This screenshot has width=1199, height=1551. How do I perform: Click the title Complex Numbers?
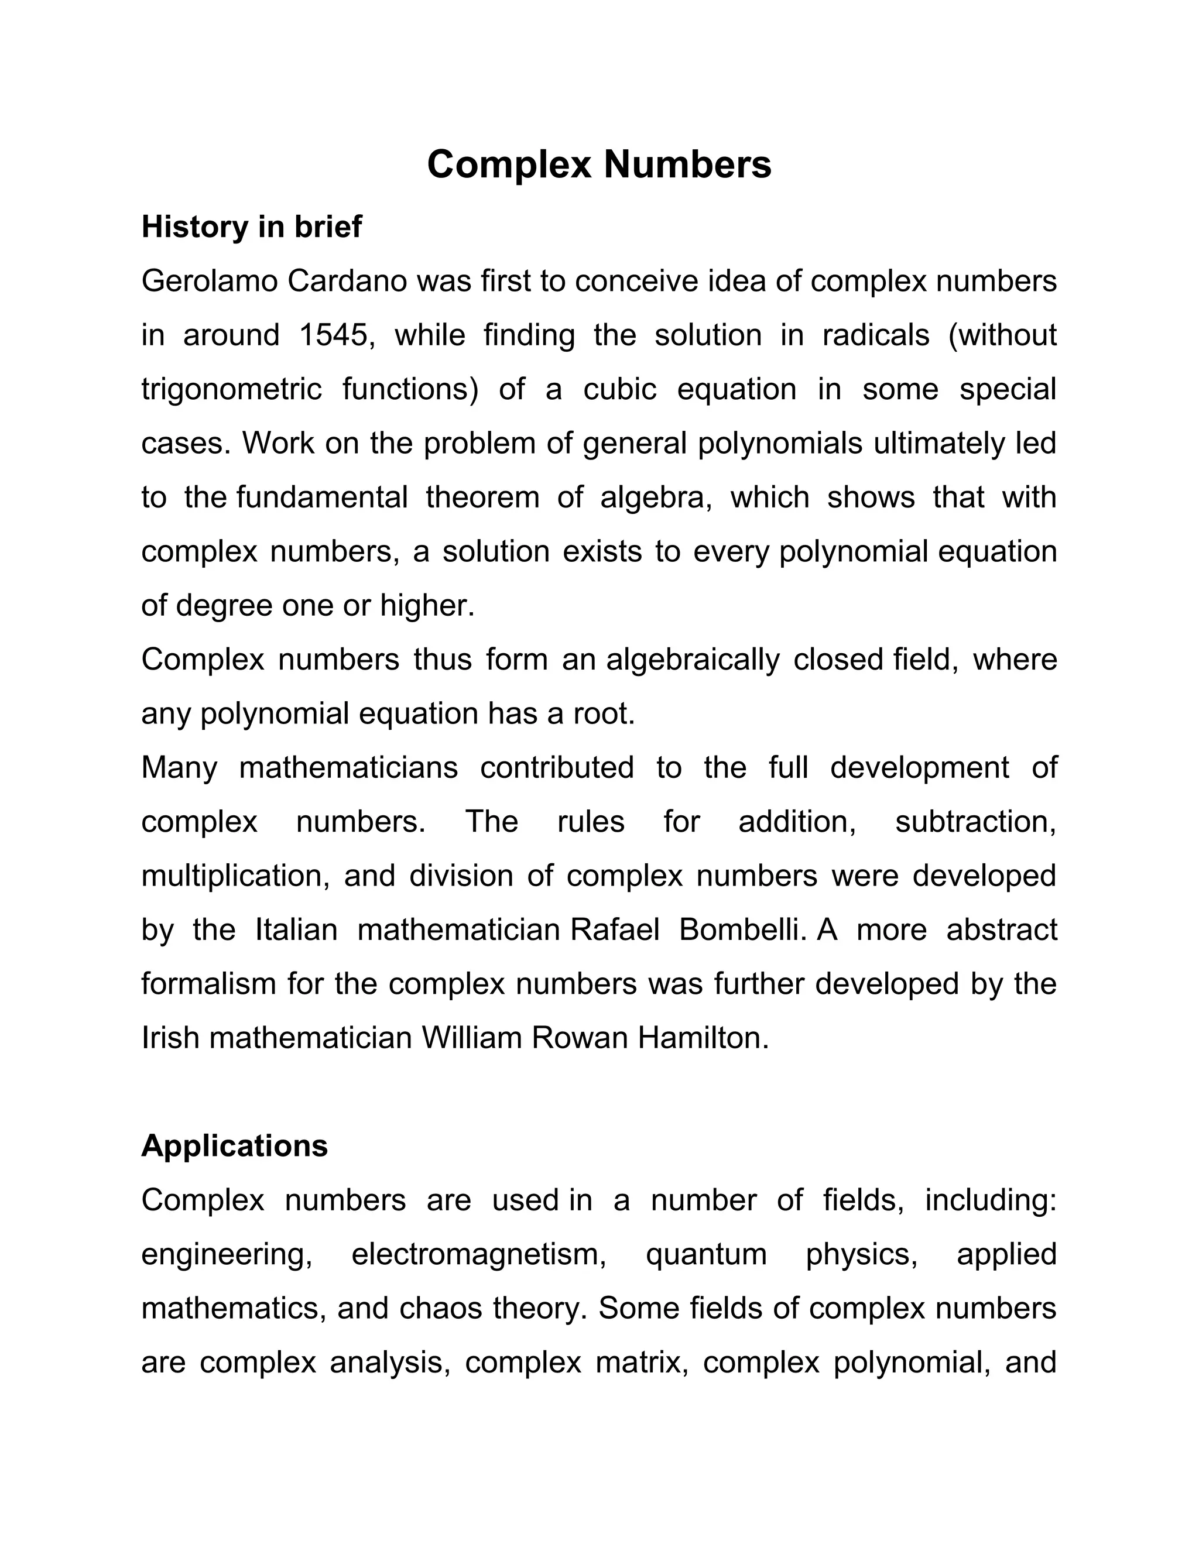click(x=599, y=165)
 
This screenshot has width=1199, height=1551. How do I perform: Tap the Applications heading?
click(x=234, y=1146)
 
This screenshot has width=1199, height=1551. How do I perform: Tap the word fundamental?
click(x=322, y=497)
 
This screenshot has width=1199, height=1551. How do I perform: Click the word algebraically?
click(x=693, y=660)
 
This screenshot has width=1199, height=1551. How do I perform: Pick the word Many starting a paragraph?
click(x=179, y=768)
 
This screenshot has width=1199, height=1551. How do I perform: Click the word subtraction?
click(x=975, y=822)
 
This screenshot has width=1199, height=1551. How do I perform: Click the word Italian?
click(x=296, y=931)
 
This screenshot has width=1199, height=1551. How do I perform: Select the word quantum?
click(x=706, y=1255)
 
